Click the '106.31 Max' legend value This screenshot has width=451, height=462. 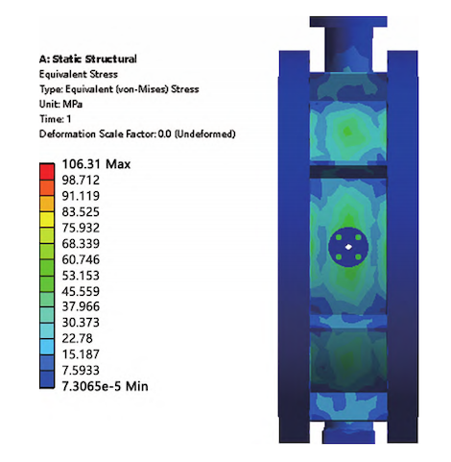pyautogui.click(x=101, y=163)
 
